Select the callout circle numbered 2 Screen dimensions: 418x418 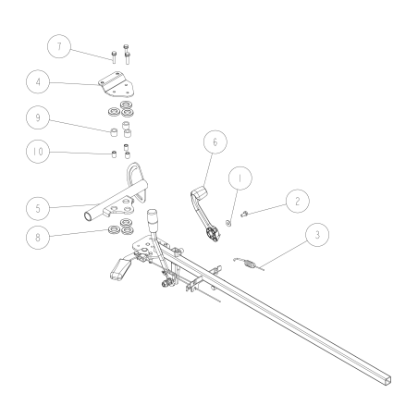point(295,200)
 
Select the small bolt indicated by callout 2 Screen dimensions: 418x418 point(246,215)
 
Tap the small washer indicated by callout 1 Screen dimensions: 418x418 point(228,223)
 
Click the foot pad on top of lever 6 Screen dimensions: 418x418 point(201,193)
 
